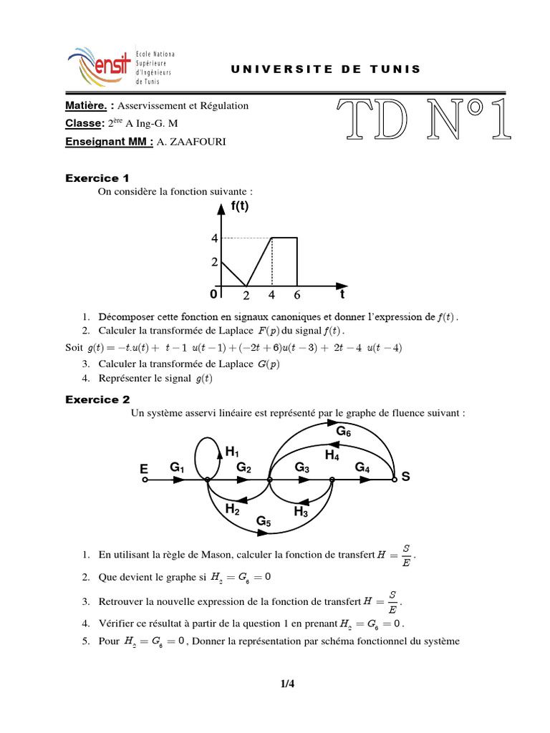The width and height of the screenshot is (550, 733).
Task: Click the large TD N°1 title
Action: (x=423, y=118)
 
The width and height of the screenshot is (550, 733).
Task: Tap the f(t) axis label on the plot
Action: (x=240, y=208)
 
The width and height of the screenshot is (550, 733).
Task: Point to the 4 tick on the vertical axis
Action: (x=213, y=238)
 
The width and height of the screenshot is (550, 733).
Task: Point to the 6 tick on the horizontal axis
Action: (x=297, y=295)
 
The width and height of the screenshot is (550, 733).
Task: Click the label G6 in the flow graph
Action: (x=344, y=432)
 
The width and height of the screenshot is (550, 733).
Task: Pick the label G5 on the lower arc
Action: (x=264, y=521)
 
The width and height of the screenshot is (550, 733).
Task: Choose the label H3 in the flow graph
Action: (x=301, y=512)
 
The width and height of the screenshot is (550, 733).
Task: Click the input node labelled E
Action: (x=144, y=480)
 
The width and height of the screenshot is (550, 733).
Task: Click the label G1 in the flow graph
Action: (x=177, y=467)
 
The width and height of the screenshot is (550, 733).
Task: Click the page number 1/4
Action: (x=287, y=684)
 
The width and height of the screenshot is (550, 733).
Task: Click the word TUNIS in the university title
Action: (x=395, y=69)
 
